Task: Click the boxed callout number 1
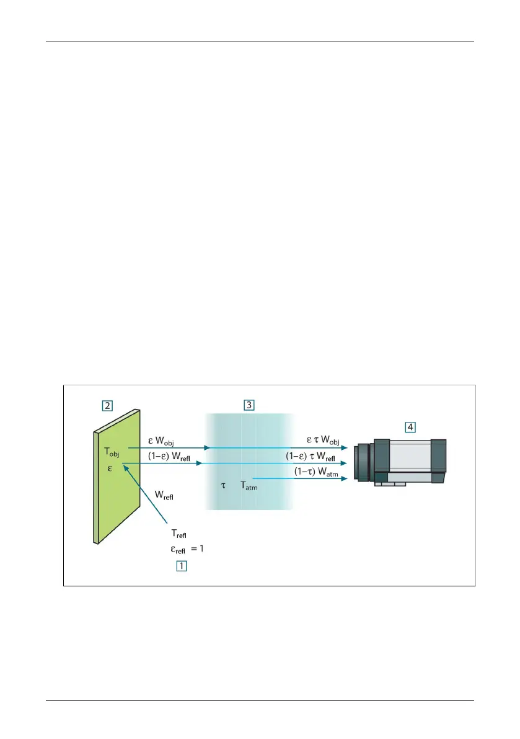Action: click(x=181, y=565)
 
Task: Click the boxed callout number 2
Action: click(x=107, y=405)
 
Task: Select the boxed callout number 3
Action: click(x=249, y=405)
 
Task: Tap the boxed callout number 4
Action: click(x=410, y=427)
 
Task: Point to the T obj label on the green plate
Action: click(x=112, y=452)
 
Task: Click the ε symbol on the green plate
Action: click(x=110, y=468)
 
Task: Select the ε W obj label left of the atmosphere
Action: click(x=161, y=441)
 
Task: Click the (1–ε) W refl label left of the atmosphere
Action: click(x=169, y=457)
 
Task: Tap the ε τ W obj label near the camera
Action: click(x=323, y=440)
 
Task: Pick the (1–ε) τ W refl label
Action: click(x=311, y=457)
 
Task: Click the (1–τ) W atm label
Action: click(x=316, y=472)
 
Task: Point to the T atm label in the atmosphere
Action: click(x=249, y=485)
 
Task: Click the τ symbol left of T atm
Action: click(x=223, y=485)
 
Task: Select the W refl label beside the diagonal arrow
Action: click(x=164, y=495)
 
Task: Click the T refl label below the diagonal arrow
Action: click(x=179, y=534)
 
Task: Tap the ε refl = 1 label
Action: click(x=187, y=549)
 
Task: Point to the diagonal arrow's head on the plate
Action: click(x=126, y=467)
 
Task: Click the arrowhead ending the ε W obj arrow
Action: click(x=207, y=448)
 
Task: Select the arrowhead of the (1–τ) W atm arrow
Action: click(x=345, y=479)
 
